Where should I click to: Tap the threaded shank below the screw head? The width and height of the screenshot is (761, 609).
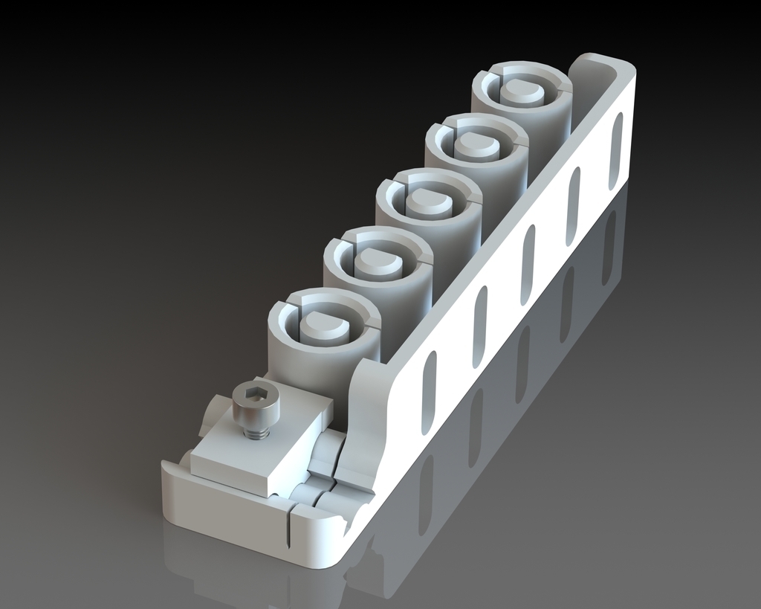(256, 431)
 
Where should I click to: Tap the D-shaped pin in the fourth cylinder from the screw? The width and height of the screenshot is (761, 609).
(476, 146)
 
